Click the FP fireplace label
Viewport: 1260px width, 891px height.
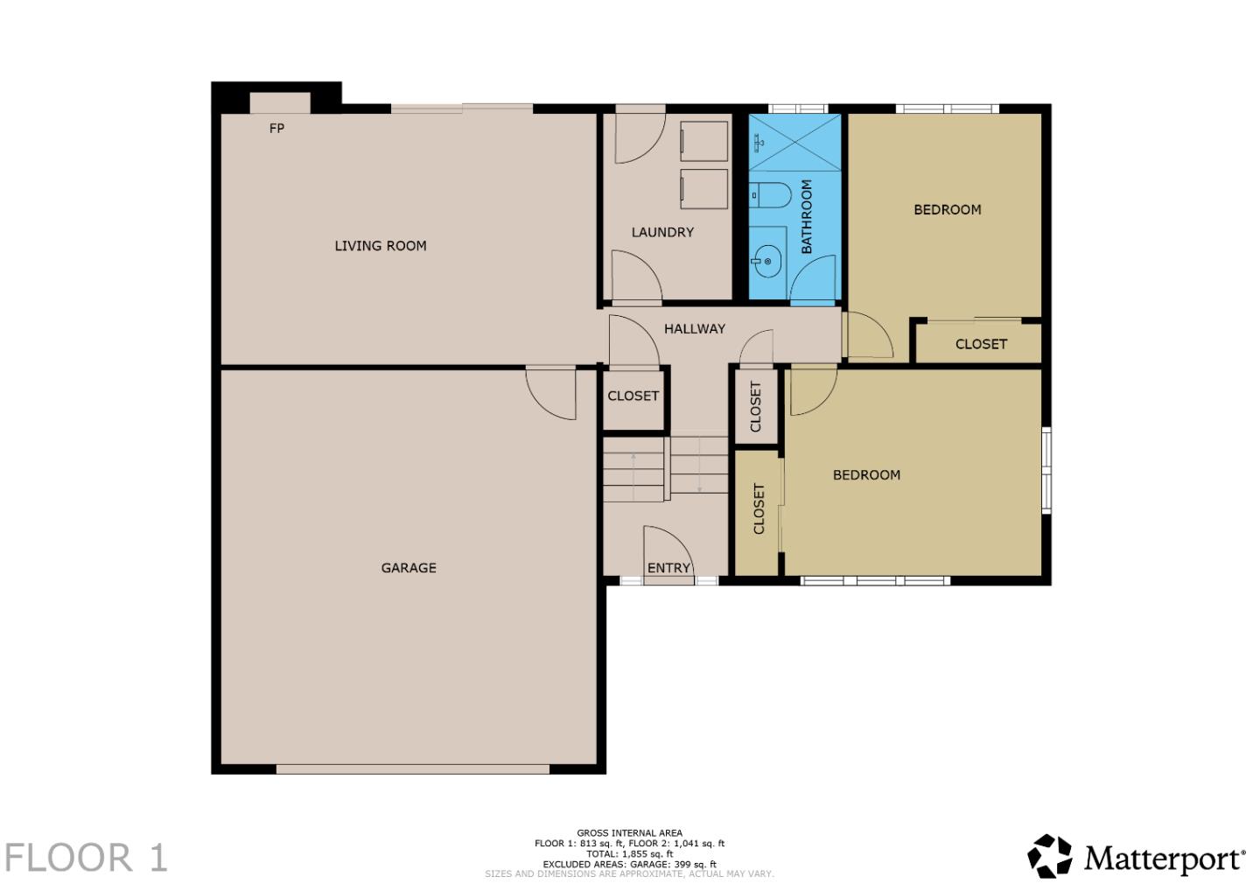276,129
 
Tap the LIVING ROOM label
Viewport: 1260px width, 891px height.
381,246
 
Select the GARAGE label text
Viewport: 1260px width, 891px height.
409,568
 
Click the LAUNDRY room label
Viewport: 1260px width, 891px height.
662,232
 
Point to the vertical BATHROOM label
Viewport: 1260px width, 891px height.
807,217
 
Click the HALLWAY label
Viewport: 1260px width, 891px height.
695,329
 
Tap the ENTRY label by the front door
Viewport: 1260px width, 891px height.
669,568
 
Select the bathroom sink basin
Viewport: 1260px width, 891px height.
767,261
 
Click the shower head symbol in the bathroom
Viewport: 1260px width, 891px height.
759,142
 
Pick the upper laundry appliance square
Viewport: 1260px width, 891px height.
704,141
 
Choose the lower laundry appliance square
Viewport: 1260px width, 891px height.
704,189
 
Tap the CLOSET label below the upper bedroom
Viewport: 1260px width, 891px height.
981,344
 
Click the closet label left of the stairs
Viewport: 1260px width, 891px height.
633,396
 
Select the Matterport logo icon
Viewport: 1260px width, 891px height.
1050,856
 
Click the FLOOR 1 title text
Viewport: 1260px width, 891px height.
86,858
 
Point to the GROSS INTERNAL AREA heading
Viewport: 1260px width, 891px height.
629,833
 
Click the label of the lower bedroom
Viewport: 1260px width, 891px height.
866,475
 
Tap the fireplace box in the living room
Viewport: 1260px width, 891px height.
280,102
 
